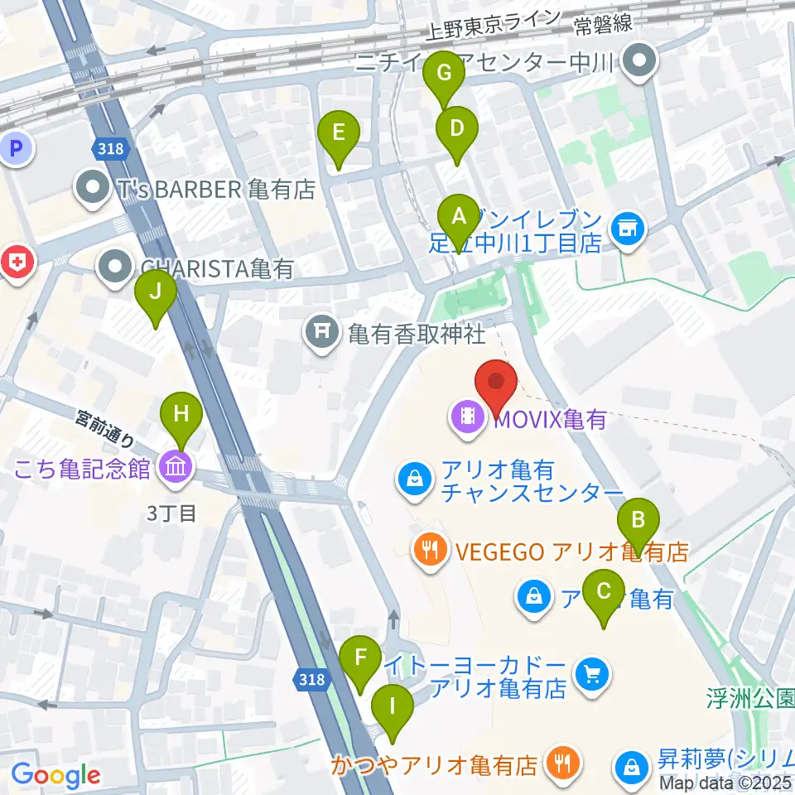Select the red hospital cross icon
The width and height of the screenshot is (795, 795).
click(17, 263)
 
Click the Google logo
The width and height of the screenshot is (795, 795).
click(56, 775)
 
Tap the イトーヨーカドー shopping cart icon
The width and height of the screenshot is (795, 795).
click(591, 675)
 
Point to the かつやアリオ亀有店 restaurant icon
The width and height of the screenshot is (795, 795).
click(562, 764)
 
